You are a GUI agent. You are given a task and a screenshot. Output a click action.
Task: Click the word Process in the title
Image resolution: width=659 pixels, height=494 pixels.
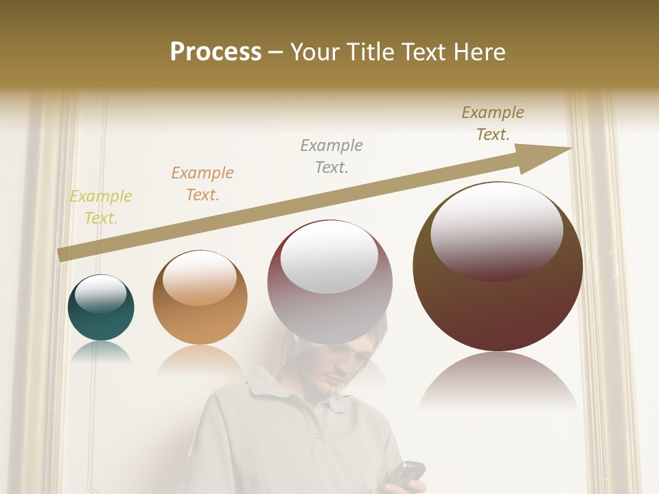[x=216, y=52]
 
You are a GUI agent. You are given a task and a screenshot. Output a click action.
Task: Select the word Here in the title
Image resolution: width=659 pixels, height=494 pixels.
[x=481, y=52]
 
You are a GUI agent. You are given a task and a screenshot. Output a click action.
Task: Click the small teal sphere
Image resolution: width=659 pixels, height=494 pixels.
[x=101, y=308]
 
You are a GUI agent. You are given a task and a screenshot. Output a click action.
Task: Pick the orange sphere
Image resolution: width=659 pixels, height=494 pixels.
[x=200, y=298]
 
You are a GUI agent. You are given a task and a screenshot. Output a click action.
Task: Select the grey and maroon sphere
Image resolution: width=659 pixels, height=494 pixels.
[x=329, y=283]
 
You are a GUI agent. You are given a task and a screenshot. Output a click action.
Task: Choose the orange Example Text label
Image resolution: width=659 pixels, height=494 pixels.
[x=203, y=183]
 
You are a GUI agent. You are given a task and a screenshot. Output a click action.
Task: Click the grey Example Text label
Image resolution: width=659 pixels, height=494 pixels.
[x=332, y=156]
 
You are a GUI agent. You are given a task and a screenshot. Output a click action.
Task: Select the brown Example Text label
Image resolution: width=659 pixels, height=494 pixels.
[x=493, y=123]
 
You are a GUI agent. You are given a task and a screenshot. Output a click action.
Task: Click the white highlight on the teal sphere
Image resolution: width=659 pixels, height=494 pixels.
[x=100, y=294]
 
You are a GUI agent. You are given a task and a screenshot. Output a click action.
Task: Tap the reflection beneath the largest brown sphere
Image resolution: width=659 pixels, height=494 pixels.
[x=498, y=381]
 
